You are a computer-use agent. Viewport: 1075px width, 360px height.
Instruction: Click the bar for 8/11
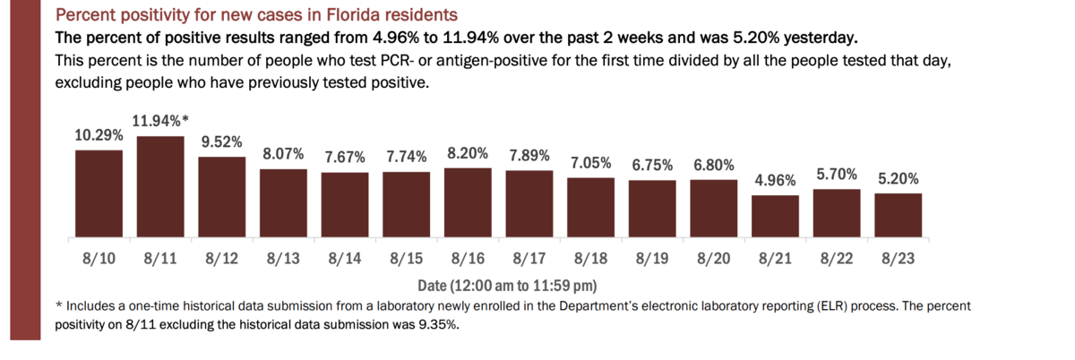tap(160, 187)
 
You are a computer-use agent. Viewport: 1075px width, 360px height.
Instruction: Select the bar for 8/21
tap(775, 216)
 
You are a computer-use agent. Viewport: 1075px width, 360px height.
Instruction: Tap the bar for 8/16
tap(468, 202)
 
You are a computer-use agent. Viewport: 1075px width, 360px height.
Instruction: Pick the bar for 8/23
tap(898, 215)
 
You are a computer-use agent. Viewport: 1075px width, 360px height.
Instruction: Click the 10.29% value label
tap(99, 135)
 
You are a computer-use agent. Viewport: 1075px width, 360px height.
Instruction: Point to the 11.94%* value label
tap(160, 121)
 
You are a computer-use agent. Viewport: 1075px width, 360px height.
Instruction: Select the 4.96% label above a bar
tap(775, 181)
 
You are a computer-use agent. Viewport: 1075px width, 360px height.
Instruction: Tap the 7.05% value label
tap(590, 163)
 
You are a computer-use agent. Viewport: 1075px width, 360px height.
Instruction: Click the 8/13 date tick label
tap(283, 259)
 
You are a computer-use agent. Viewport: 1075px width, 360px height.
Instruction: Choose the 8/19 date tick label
tap(652, 259)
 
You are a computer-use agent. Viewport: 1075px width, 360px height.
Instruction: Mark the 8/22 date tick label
tap(837, 259)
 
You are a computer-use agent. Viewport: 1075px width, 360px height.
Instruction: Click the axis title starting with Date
tap(507, 286)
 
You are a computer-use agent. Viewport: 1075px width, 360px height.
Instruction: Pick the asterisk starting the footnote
tap(59, 305)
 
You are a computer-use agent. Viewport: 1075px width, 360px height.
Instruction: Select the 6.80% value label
tap(714, 166)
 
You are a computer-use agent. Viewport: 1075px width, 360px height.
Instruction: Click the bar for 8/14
tap(345, 205)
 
